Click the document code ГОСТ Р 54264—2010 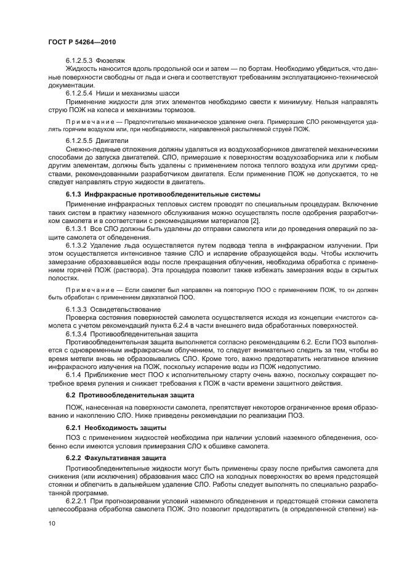[x=82, y=42]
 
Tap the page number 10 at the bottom [x=51, y=522]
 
